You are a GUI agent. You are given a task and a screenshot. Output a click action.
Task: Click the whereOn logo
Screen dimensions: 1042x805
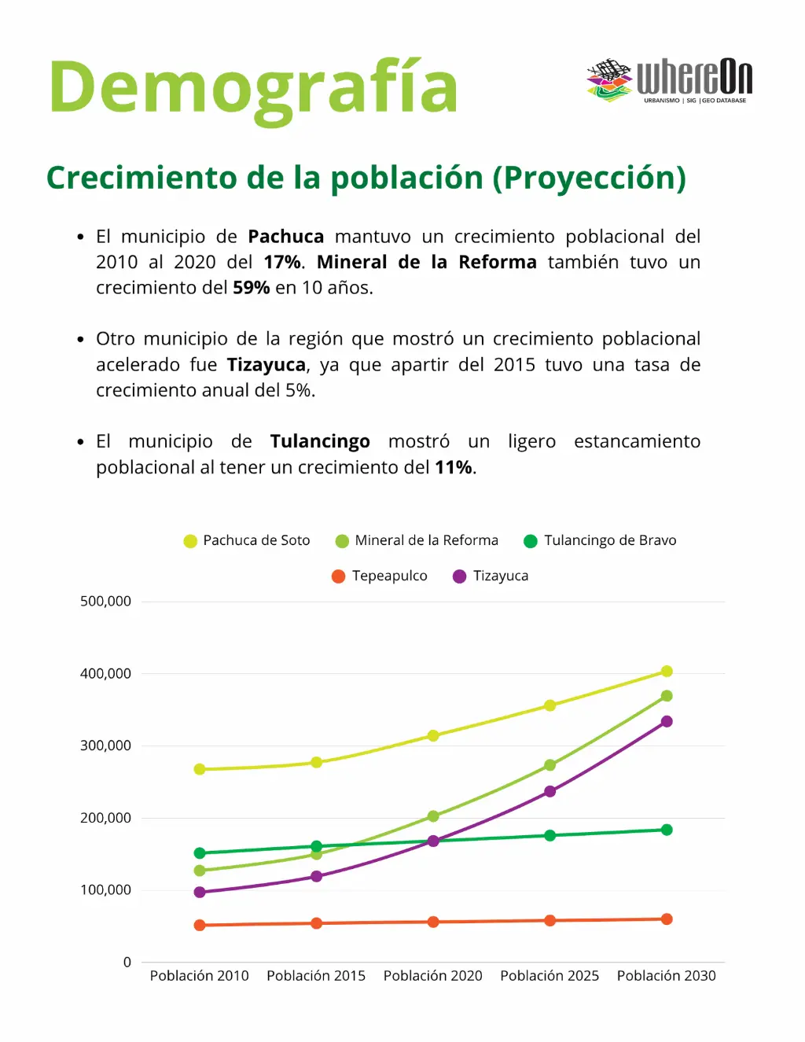pyautogui.click(x=669, y=80)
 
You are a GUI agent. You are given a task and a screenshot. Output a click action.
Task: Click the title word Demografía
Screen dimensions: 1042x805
pyautogui.click(x=253, y=88)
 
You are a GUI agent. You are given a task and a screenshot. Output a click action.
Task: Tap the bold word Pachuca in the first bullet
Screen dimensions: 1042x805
pyautogui.click(x=285, y=237)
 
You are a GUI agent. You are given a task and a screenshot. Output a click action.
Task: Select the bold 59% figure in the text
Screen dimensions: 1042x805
pyautogui.click(x=251, y=288)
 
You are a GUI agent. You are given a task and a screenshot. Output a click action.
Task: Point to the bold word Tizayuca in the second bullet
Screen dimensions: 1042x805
pyautogui.click(x=266, y=365)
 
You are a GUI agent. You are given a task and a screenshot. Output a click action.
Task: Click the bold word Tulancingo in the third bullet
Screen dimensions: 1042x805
pyautogui.click(x=320, y=441)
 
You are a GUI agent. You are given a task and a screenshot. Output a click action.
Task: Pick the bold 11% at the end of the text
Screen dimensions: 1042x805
pyautogui.click(x=454, y=467)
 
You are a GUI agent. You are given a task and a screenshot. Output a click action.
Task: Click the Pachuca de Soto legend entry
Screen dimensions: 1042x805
pyautogui.click(x=247, y=540)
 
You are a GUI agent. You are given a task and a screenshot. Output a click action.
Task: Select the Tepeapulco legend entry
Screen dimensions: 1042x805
pyautogui.click(x=380, y=576)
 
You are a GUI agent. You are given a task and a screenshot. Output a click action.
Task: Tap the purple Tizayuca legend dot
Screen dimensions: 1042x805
pyautogui.click(x=460, y=576)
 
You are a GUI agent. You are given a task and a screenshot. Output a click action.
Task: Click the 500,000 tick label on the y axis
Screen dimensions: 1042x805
pyautogui.click(x=105, y=602)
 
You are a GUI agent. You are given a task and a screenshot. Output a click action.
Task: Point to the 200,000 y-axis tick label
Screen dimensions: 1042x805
pyautogui.click(x=105, y=818)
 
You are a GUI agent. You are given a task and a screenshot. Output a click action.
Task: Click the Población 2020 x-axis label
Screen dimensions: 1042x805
pyautogui.click(x=432, y=976)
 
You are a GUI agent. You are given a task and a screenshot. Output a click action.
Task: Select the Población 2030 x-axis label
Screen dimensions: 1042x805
pyautogui.click(x=666, y=976)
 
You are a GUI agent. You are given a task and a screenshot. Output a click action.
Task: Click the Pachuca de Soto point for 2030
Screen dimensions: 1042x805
pyautogui.click(x=667, y=671)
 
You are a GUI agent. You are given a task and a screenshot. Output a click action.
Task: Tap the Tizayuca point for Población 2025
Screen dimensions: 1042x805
pyautogui.click(x=550, y=791)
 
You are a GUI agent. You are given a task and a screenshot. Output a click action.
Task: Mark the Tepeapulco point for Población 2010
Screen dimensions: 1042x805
pyautogui.click(x=200, y=926)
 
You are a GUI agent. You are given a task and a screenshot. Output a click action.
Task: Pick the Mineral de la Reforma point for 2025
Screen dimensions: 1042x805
pyautogui.click(x=550, y=765)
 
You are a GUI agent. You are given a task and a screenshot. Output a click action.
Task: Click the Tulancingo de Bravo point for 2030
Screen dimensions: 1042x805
pyautogui.click(x=667, y=830)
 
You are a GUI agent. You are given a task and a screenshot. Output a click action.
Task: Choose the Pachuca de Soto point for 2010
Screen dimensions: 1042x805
pyautogui.click(x=200, y=769)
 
